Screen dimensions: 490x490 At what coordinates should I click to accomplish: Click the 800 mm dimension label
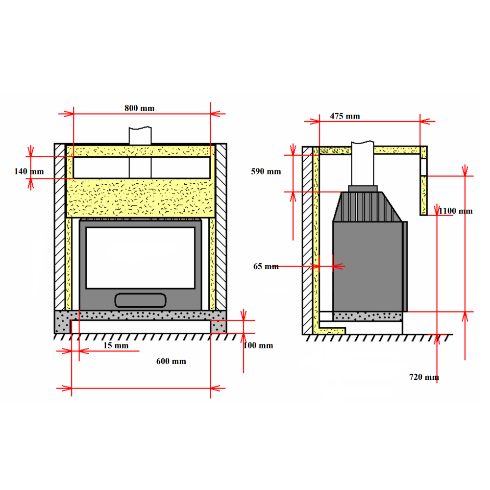139,108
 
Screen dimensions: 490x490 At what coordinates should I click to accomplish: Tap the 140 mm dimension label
29,171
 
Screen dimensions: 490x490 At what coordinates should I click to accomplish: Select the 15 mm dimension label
116,345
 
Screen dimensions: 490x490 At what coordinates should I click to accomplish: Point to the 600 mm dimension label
171,361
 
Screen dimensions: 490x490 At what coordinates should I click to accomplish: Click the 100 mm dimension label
258,345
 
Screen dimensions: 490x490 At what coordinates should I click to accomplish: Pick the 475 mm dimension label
345,116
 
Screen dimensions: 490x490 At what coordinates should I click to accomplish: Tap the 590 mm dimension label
266,171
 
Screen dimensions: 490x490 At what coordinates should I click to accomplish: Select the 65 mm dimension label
266,266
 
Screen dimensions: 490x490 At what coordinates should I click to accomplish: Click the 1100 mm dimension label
455,211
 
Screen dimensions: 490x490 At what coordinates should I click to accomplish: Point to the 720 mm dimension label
424,377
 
